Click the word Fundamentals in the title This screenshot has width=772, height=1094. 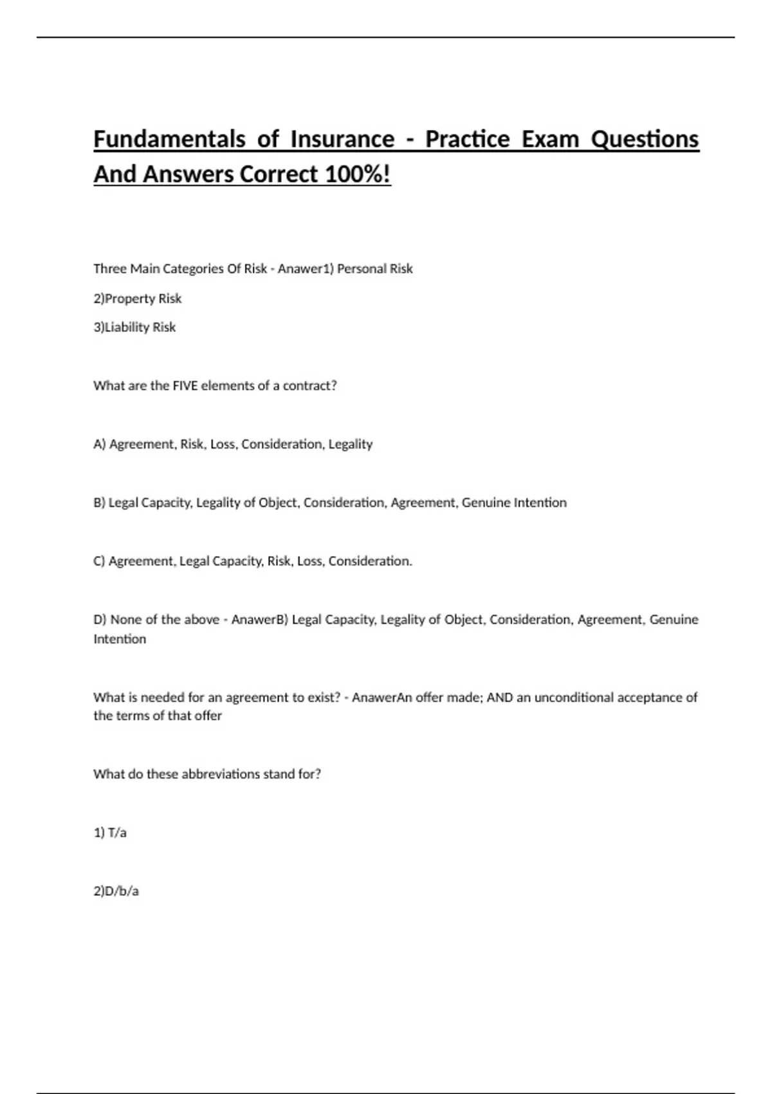click(169, 139)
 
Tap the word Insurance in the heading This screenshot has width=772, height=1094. click(342, 139)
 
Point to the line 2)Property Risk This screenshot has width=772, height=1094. click(138, 299)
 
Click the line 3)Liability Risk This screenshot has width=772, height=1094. click(134, 327)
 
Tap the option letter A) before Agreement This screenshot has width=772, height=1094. click(100, 444)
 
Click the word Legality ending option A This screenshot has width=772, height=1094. click(351, 444)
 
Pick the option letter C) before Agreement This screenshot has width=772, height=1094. click(100, 561)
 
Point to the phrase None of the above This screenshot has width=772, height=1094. click(165, 620)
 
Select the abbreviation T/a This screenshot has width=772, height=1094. click(117, 833)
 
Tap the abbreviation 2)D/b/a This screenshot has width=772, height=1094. click(116, 891)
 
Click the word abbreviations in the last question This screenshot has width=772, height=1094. click(221, 774)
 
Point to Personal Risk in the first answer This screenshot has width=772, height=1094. click(374, 269)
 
